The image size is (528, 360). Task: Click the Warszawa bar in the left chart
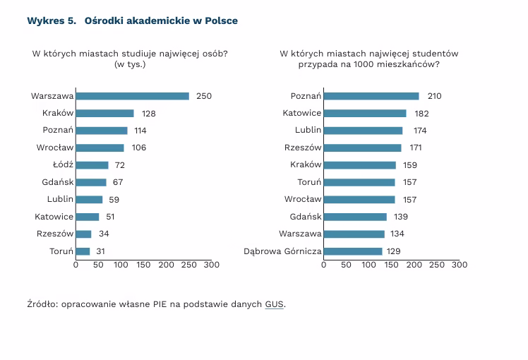pos(132,96)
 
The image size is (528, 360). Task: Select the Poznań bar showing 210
pos(371,96)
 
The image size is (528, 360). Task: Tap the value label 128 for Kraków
pos(148,113)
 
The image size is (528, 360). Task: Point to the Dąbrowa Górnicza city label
pos(282,251)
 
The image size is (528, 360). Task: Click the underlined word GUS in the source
pos(275,304)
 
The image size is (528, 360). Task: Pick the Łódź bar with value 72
pos(92,165)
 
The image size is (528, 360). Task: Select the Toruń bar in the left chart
pos(83,251)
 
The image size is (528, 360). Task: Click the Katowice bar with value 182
pos(365,113)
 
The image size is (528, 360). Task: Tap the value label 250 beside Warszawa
pos(204,96)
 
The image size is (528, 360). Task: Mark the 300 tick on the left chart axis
pos(211,265)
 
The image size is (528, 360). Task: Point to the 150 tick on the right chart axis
pos(391,265)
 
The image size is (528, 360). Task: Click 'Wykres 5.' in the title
pos(51,20)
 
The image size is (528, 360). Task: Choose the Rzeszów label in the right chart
pos(303,148)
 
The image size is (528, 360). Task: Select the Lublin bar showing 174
pos(363,131)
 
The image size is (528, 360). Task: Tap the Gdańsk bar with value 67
pos(91,182)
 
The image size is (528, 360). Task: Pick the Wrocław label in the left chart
pos(55,148)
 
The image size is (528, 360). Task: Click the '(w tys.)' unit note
pos(130,64)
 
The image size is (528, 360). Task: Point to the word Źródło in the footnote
pos(42,304)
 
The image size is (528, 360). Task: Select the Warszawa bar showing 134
pos(354,234)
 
